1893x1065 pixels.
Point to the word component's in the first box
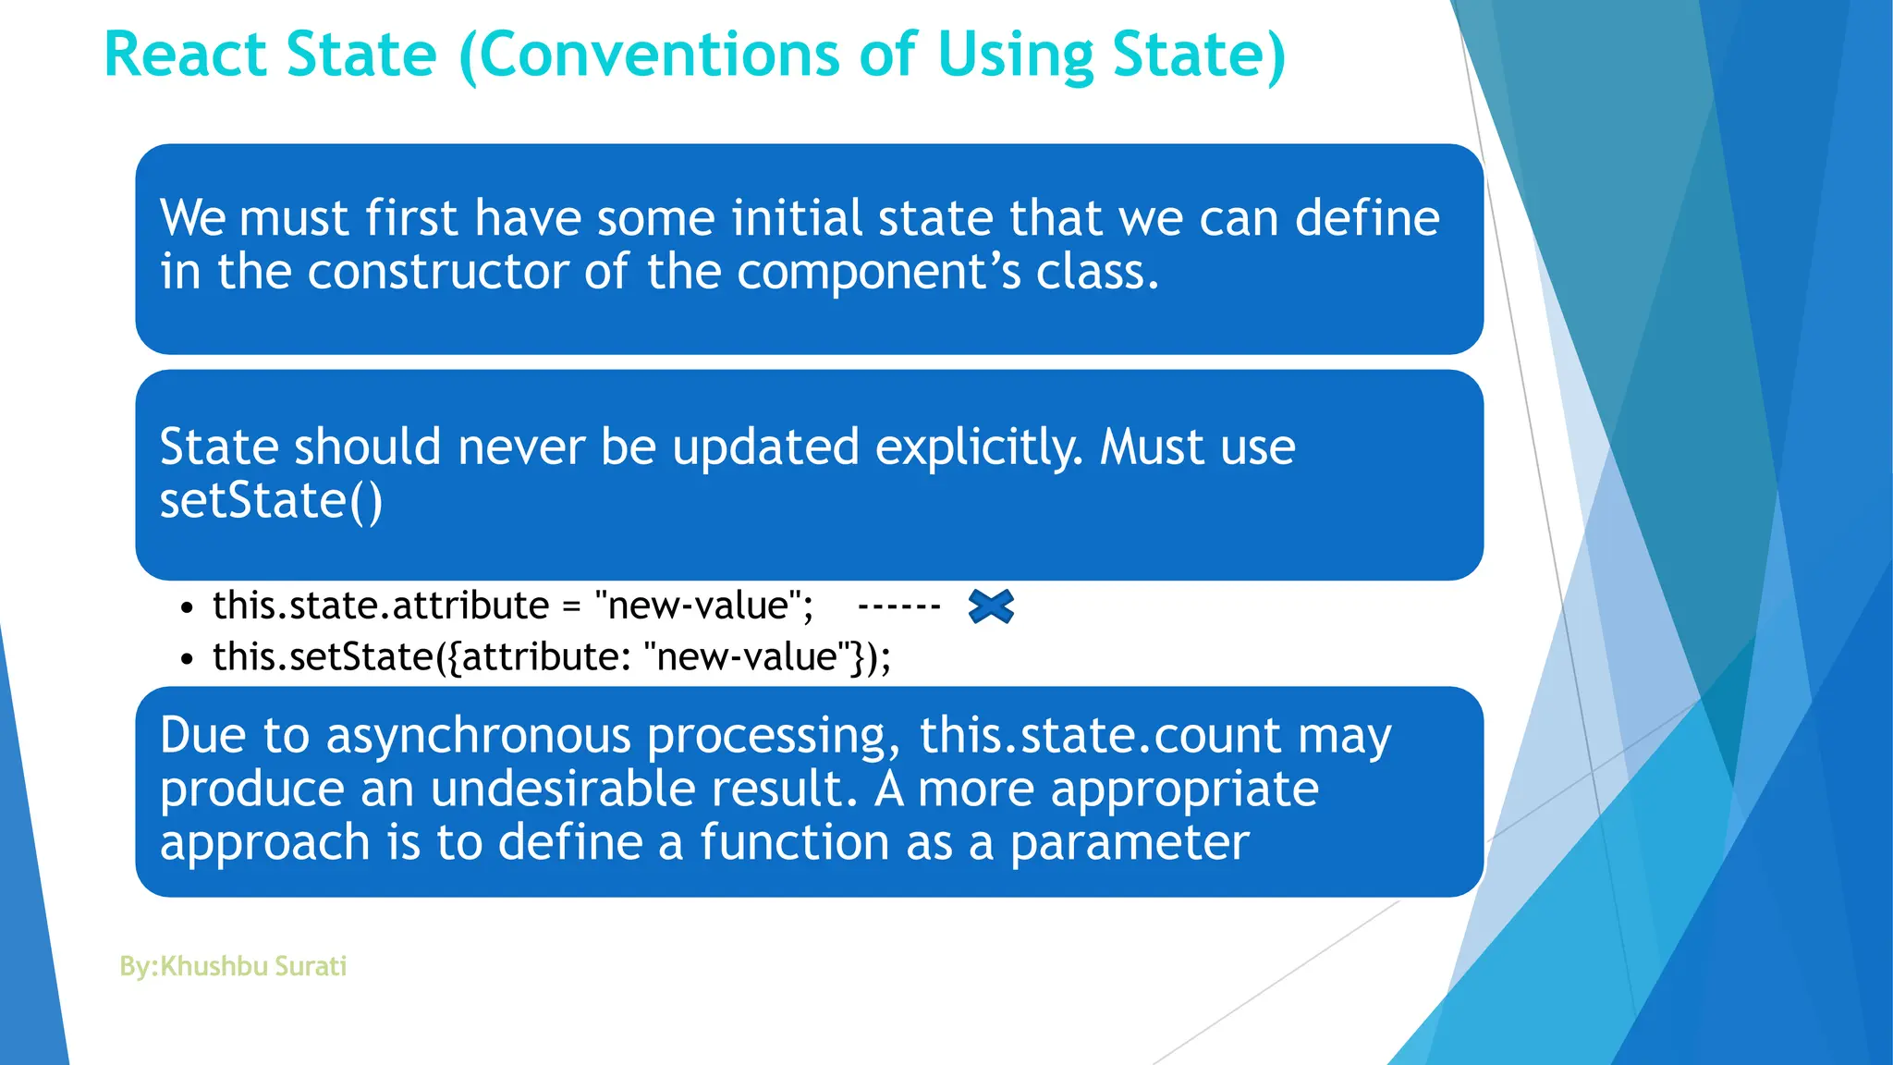click(879, 272)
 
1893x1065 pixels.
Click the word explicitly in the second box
click(978, 447)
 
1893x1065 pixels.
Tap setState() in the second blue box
click(271, 501)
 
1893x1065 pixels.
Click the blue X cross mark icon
click(991, 606)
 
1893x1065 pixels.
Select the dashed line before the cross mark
click(898, 606)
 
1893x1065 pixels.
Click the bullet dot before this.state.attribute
click(188, 608)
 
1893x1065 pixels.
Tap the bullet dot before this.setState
click(188, 659)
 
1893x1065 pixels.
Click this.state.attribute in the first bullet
click(381, 606)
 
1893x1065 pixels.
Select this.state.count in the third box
click(1100, 736)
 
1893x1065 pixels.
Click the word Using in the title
click(1015, 55)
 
